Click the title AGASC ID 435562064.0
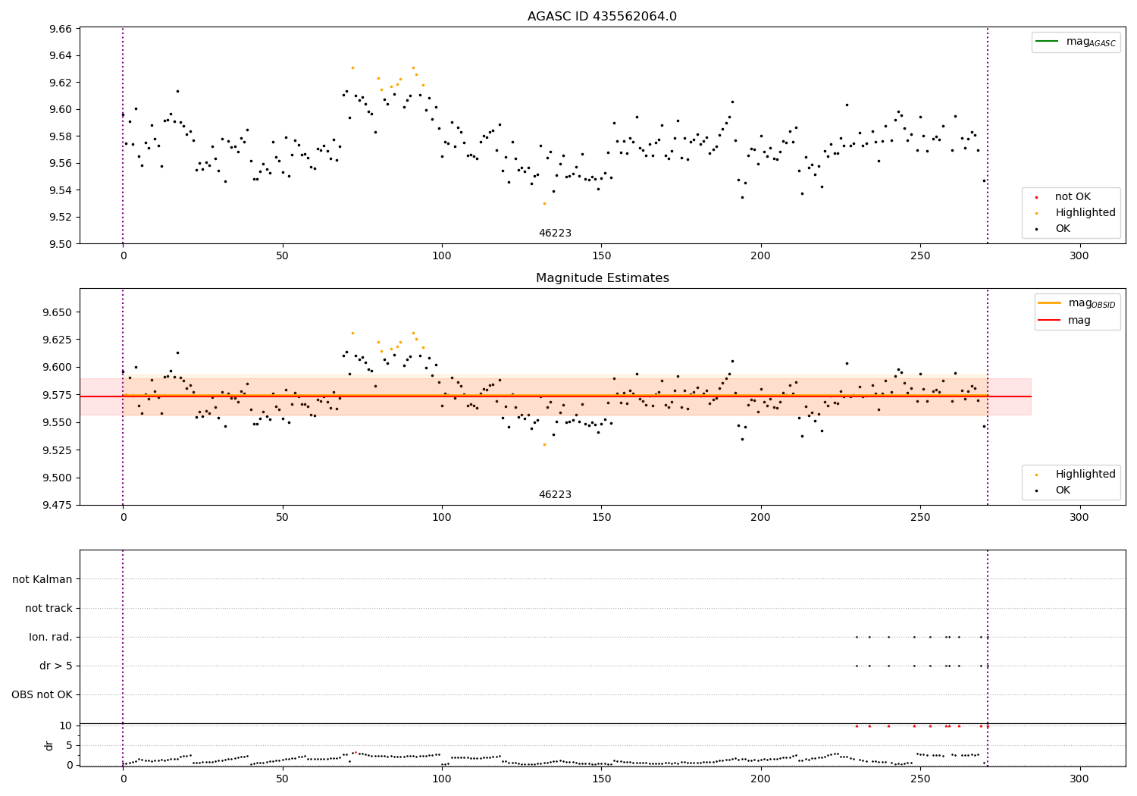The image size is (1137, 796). [602, 17]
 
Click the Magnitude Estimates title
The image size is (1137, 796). [602, 278]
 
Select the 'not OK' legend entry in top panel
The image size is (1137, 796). [1073, 197]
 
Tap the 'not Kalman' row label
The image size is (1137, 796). [42, 579]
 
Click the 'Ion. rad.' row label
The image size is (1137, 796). [51, 637]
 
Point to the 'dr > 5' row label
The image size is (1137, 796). [56, 666]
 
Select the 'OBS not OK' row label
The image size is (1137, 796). [42, 694]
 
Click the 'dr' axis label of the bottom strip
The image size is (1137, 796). [49, 745]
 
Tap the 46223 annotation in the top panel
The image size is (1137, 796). [555, 233]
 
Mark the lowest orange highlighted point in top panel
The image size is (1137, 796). [544, 203]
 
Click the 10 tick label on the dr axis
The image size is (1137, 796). [65, 725]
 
